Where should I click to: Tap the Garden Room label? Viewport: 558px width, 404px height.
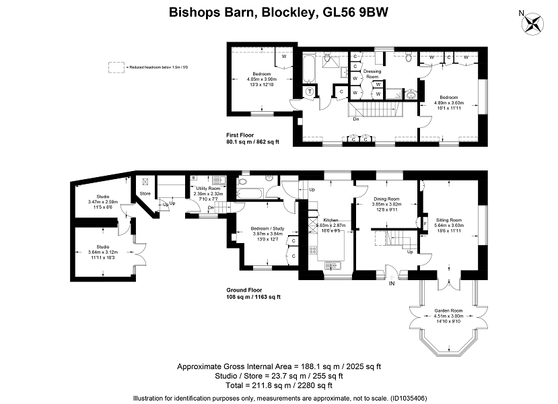click(x=443, y=312)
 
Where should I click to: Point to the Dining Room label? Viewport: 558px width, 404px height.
click(x=386, y=199)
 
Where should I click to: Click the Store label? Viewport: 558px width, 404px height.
click(x=145, y=194)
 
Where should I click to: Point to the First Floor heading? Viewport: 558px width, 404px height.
click(x=242, y=135)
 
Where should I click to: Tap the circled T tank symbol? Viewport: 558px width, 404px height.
click(x=310, y=92)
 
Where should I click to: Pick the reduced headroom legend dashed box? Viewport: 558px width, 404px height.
click(x=117, y=67)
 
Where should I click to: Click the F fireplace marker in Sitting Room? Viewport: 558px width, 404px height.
click(x=425, y=224)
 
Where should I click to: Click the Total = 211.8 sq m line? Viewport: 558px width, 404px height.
click(x=279, y=386)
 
